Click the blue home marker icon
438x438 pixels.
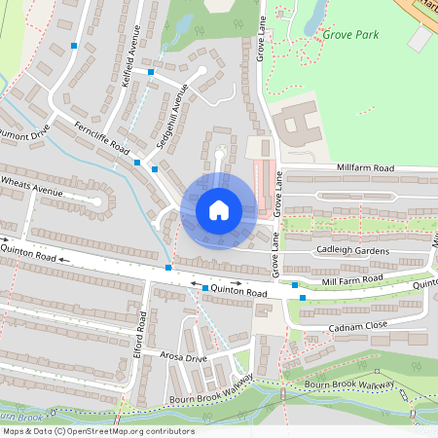218,210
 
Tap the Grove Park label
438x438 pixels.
349,35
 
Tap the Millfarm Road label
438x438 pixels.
364,168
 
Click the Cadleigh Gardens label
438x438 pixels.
352,250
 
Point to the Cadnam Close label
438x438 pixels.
360,326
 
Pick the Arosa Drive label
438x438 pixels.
185,358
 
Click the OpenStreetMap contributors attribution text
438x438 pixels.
97,431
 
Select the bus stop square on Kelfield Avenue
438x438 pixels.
151,71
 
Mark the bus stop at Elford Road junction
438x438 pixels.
169,267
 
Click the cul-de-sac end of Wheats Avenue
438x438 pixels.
97,203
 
